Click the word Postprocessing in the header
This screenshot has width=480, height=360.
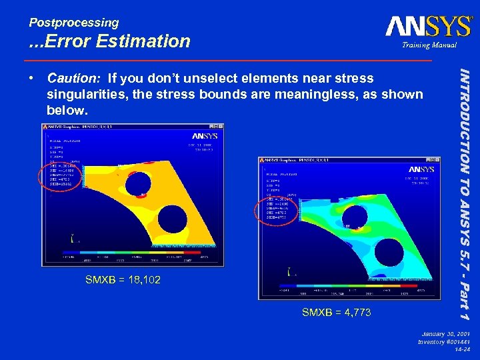click(x=73, y=22)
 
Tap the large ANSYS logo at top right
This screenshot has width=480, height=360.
click(x=429, y=26)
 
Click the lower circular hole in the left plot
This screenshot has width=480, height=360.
click(x=171, y=218)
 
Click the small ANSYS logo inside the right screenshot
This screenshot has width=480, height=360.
click(x=421, y=169)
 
